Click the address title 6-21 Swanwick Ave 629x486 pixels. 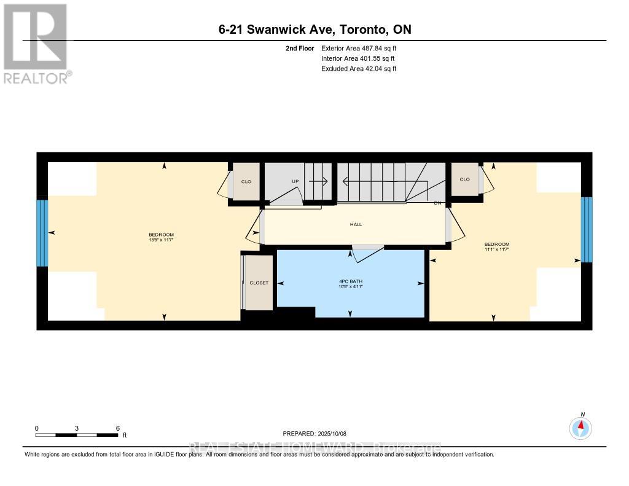(x=314, y=29)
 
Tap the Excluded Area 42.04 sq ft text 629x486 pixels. (x=359, y=69)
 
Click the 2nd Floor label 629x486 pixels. (x=300, y=48)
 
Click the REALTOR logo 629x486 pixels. (x=36, y=43)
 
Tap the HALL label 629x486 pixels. (x=356, y=224)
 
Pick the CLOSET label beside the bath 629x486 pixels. (x=259, y=283)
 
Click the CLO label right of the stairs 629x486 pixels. (x=464, y=179)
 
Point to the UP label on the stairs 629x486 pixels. (x=295, y=182)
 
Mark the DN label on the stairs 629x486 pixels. (x=437, y=203)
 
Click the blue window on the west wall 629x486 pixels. (x=42, y=233)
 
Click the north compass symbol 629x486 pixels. (x=580, y=427)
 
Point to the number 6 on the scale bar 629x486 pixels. (x=117, y=428)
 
